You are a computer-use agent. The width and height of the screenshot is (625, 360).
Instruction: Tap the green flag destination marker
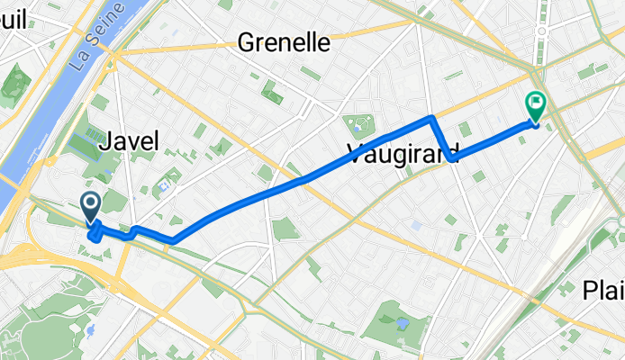point(536,106)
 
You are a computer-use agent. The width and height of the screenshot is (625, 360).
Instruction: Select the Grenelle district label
point(284,42)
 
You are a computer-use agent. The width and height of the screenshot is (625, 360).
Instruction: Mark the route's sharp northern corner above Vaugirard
point(432,117)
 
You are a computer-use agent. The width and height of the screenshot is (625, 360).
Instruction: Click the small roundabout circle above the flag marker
point(540,31)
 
